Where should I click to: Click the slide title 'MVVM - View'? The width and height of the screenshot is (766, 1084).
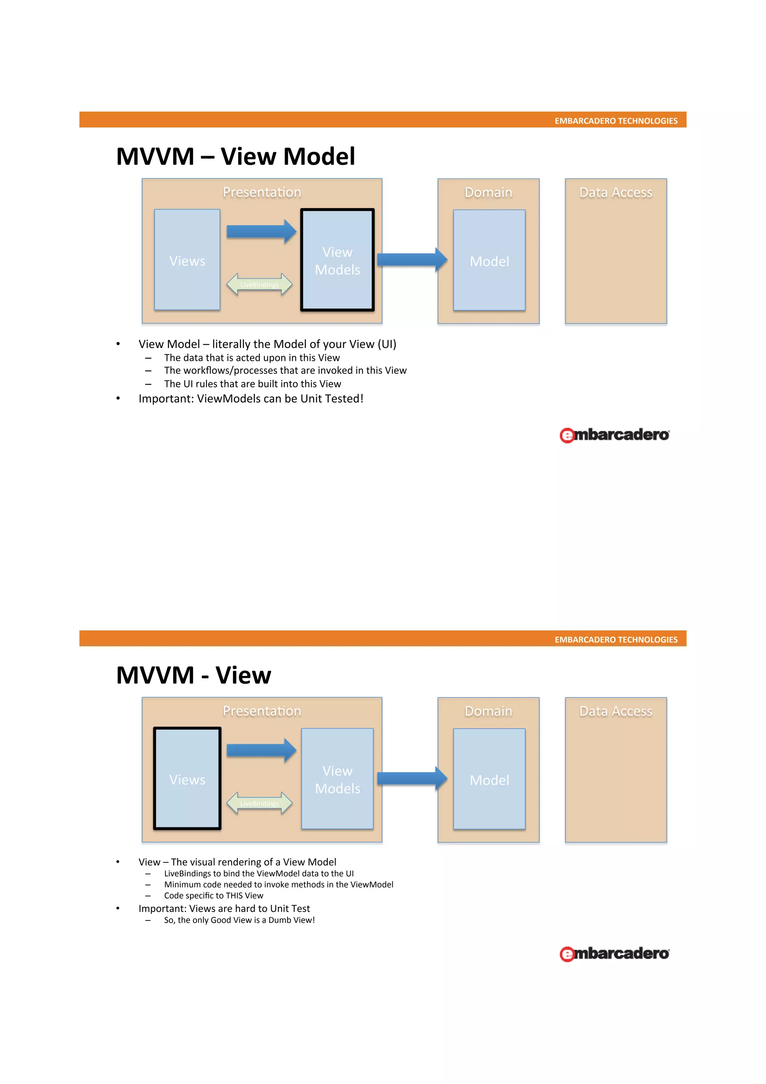[x=193, y=675]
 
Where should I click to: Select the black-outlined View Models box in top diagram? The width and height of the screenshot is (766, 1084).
[x=337, y=260]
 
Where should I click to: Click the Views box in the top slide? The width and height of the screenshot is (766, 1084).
[x=187, y=260]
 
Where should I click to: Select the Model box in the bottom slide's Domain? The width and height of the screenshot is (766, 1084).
[x=490, y=780]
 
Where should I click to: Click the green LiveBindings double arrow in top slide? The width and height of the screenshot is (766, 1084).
[x=259, y=285]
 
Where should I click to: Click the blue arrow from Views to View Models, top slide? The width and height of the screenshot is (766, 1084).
[x=261, y=231]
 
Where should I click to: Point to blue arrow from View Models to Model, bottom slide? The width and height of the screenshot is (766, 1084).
[x=411, y=778]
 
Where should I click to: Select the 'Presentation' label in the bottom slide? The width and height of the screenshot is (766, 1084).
[x=262, y=711]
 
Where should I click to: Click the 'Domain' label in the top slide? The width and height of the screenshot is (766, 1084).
[x=488, y=193]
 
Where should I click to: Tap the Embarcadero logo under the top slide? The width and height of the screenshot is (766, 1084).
[x=615, y=435]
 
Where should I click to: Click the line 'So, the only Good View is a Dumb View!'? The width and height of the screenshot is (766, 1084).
[x=239, y=920]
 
